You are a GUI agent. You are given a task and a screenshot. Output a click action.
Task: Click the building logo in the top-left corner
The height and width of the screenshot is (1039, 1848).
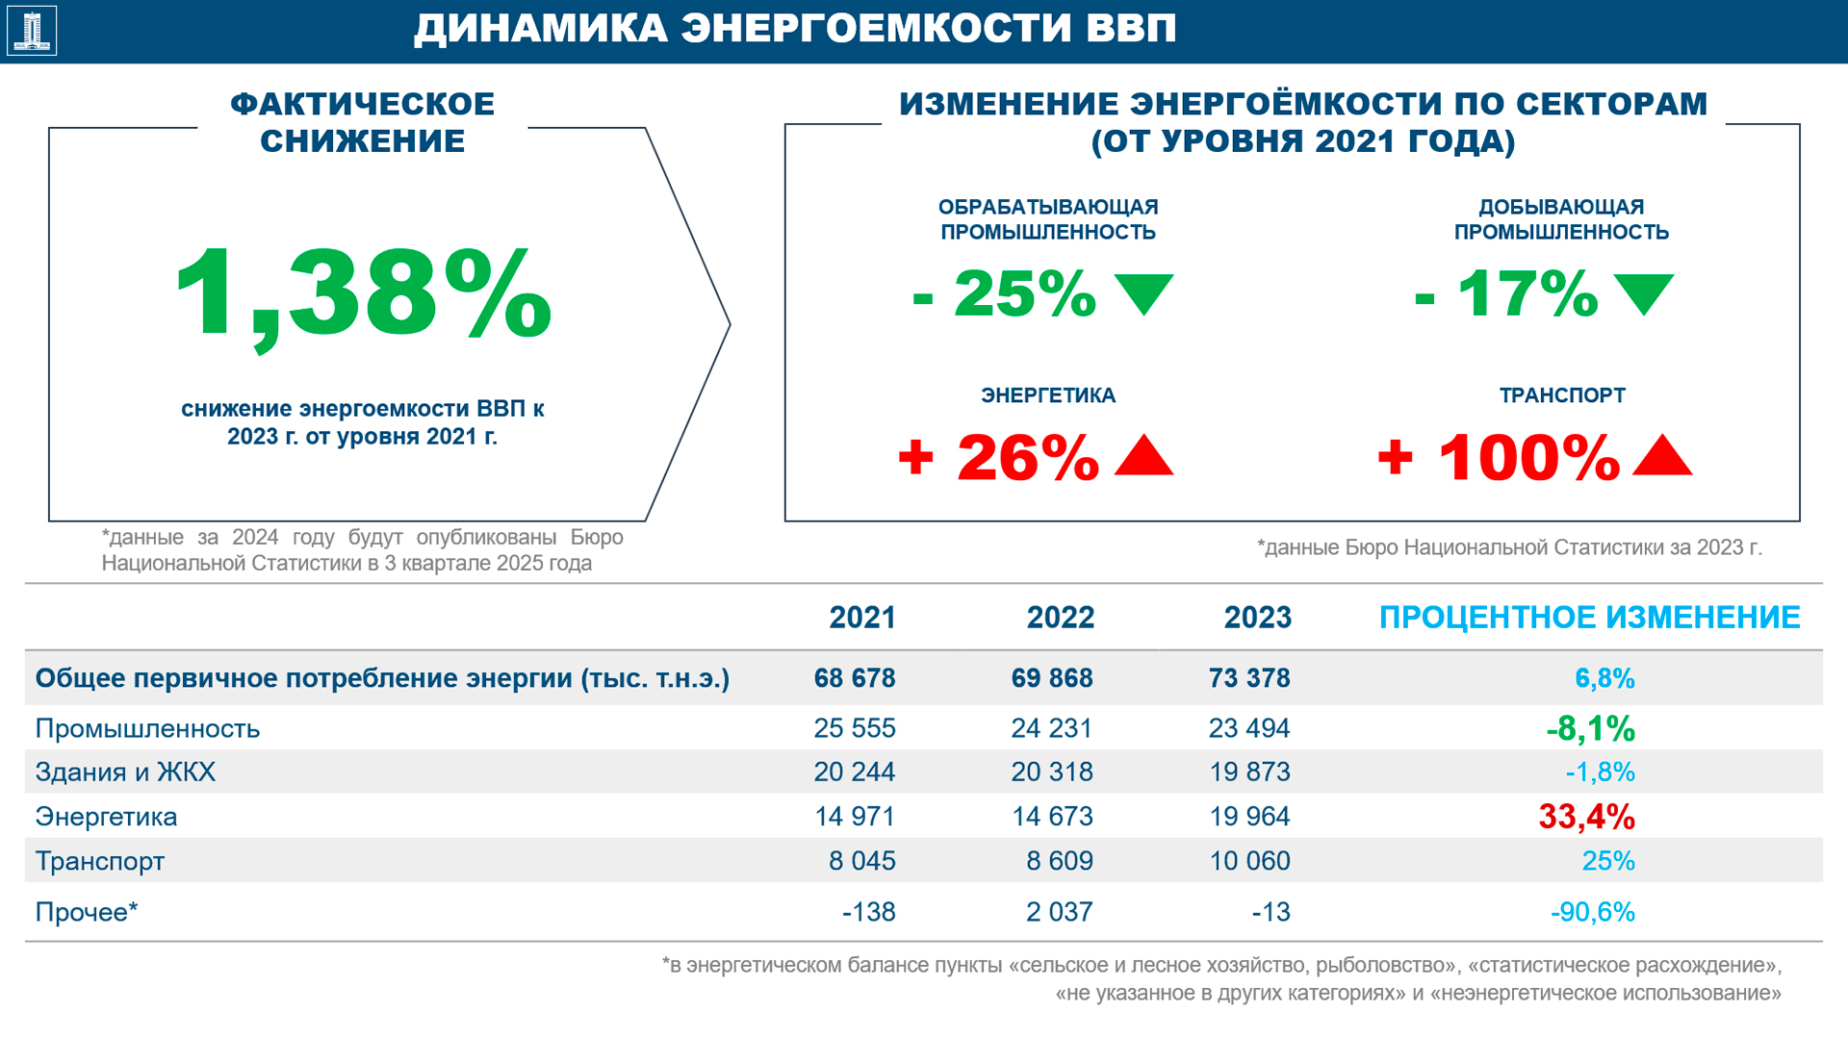(x=32, y=31)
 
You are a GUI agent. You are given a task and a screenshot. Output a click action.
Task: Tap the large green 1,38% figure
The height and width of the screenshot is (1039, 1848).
(x=363, y=294)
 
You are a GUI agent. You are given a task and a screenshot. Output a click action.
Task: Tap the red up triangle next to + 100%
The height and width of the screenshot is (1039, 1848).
(x=1662, y=456)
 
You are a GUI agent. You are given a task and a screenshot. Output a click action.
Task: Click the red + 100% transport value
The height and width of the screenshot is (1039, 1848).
(x=1499, y=457)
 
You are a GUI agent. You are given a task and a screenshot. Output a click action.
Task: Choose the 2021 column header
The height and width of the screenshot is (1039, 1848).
(x=862, y=618)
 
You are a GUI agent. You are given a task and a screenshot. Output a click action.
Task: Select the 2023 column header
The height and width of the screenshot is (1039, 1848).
(x=1257, y=618)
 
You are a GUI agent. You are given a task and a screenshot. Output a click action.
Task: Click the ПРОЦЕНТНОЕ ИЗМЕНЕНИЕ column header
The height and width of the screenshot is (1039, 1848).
(x=1589, y=618)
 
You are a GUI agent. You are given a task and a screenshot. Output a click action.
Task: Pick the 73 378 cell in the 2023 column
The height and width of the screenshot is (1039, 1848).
(x=1249, y=678)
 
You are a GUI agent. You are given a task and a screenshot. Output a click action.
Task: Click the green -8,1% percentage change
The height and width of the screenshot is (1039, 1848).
(x=1590, y=729)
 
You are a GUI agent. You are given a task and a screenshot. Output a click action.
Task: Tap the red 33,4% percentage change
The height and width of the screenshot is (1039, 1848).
(x=1586, y=817)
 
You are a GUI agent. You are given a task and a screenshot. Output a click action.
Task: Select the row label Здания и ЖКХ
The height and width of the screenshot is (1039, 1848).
(x=125, y=773)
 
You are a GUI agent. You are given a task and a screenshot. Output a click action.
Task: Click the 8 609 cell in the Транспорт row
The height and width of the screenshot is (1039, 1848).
(x=1059, y=861)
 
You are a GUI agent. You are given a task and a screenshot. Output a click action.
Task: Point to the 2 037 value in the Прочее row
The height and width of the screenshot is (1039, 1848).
(x=1059, y=912)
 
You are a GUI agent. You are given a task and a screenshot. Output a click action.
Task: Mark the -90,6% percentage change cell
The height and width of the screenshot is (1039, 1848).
(x=1592, y=912)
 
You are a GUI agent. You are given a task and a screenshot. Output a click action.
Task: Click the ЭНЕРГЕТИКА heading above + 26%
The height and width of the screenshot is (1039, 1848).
(x=1048, y=395)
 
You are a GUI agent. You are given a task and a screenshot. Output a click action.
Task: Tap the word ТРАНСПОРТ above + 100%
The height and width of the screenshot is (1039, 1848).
(x=1562, y=395)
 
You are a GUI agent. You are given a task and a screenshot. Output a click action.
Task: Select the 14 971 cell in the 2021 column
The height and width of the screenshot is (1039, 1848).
(x=855, y=817)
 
